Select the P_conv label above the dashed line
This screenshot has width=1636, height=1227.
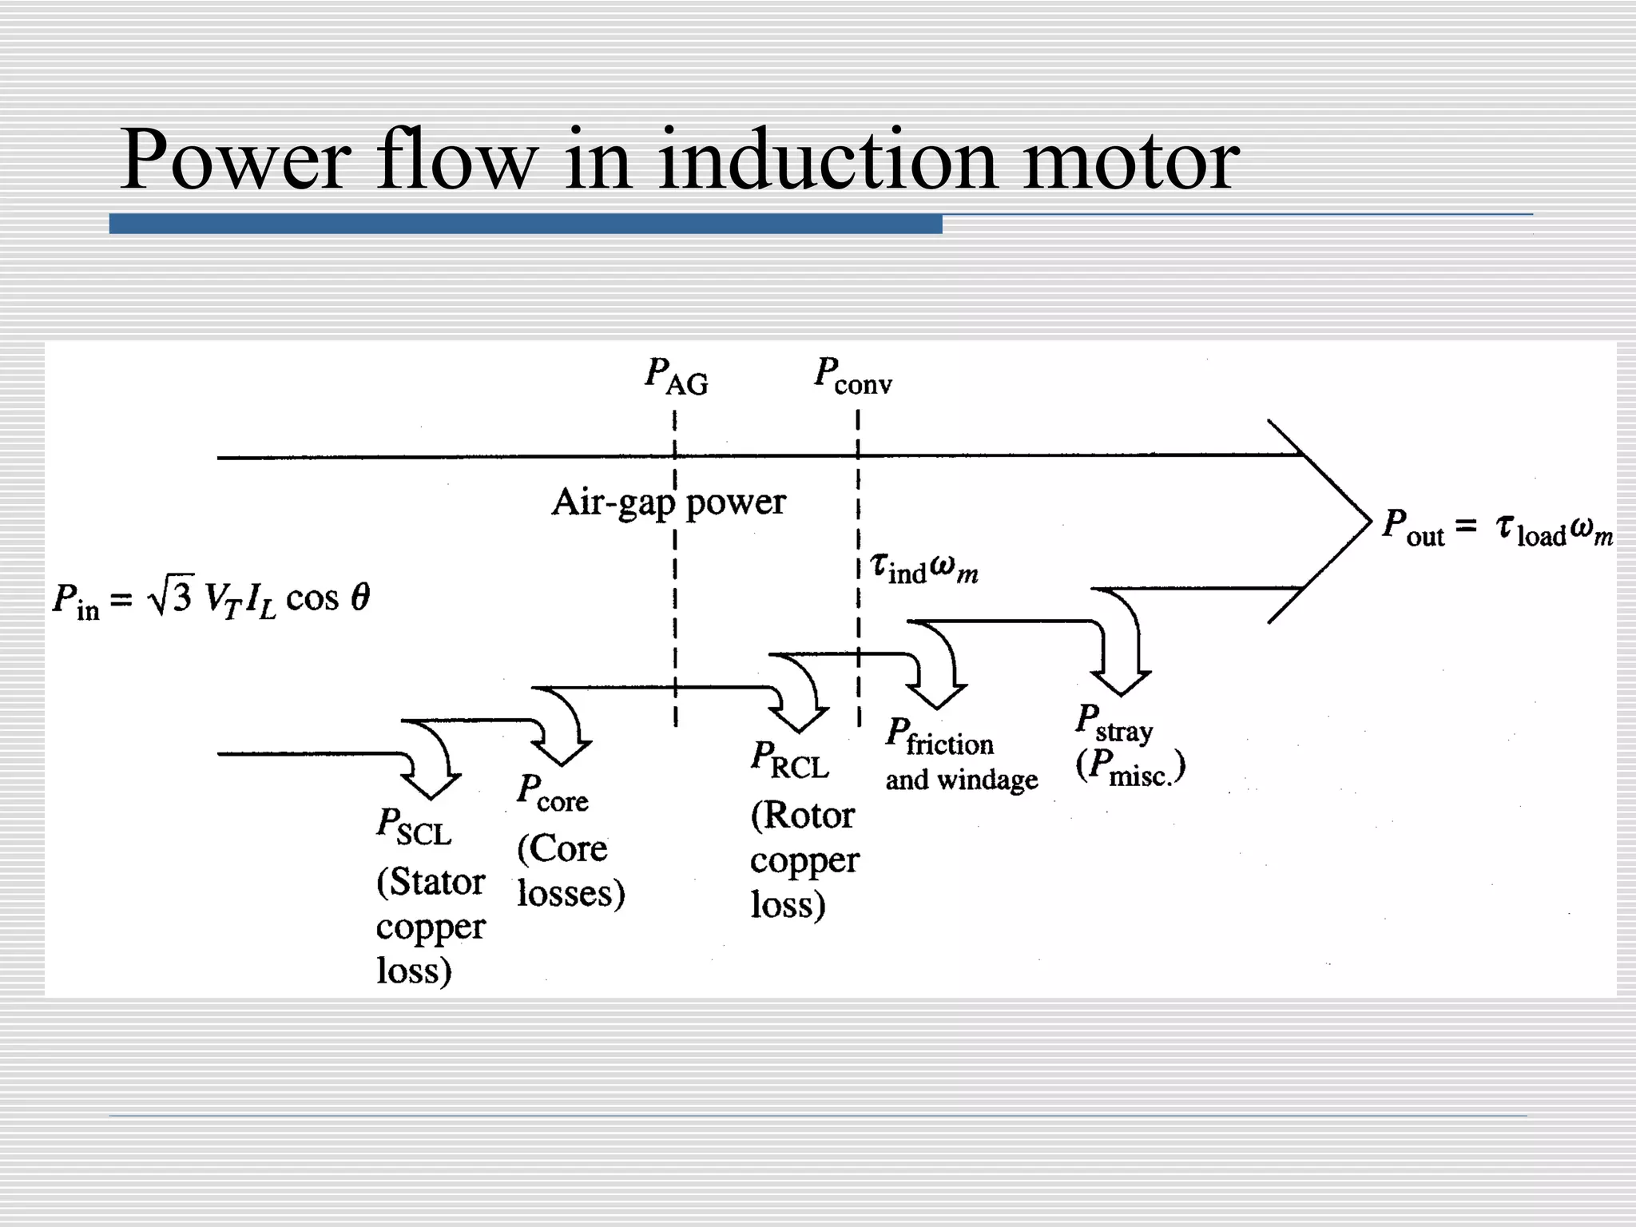click(852, 375)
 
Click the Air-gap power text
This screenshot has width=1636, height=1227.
click(669, 502)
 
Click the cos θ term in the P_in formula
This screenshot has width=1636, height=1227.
click(328, 598)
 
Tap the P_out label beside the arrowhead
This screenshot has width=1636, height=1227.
click(1412, 528)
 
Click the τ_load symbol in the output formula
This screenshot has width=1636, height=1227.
click(1529, 530)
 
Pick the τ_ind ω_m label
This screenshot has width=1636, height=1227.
click(923, 568)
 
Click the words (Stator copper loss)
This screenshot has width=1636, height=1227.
click(430, 927)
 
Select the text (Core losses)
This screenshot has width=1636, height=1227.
click(570, 871)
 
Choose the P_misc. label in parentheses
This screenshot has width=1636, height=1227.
click(1130, 767)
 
